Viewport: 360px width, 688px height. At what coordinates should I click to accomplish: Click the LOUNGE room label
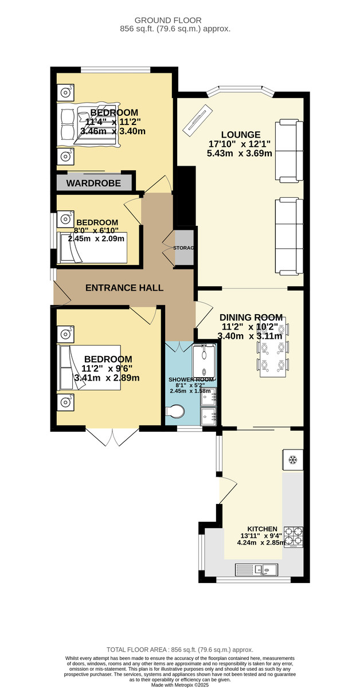coord(241,135)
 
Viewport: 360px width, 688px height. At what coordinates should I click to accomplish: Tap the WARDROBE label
coord(93,183)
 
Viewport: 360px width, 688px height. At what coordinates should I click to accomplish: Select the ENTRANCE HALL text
coord(124,288)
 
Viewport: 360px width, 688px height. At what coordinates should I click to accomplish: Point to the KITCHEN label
coord(263,529)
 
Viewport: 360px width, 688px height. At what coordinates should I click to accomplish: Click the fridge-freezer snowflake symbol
coord(293,460)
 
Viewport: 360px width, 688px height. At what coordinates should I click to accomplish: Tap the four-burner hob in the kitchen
coord(294,537)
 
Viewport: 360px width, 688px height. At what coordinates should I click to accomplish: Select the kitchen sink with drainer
coord(256,570)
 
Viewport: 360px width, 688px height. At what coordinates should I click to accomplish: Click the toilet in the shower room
coord(174,412)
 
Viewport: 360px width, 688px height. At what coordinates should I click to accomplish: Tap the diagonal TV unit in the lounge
coord(197,119)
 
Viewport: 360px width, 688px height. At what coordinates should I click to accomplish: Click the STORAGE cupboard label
coord(183,248)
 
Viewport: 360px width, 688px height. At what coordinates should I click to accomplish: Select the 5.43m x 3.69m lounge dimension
coord(240,153)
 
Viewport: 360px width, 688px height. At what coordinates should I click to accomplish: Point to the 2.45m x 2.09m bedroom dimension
coord(96,239)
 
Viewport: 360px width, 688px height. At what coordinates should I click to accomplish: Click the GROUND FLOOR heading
coord(168,21)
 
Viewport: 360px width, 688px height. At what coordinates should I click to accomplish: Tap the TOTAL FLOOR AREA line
coord(180,650)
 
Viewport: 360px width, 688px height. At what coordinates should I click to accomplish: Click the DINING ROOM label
coord(251,317)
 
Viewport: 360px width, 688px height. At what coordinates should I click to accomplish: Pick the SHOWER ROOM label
coord(191,380)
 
